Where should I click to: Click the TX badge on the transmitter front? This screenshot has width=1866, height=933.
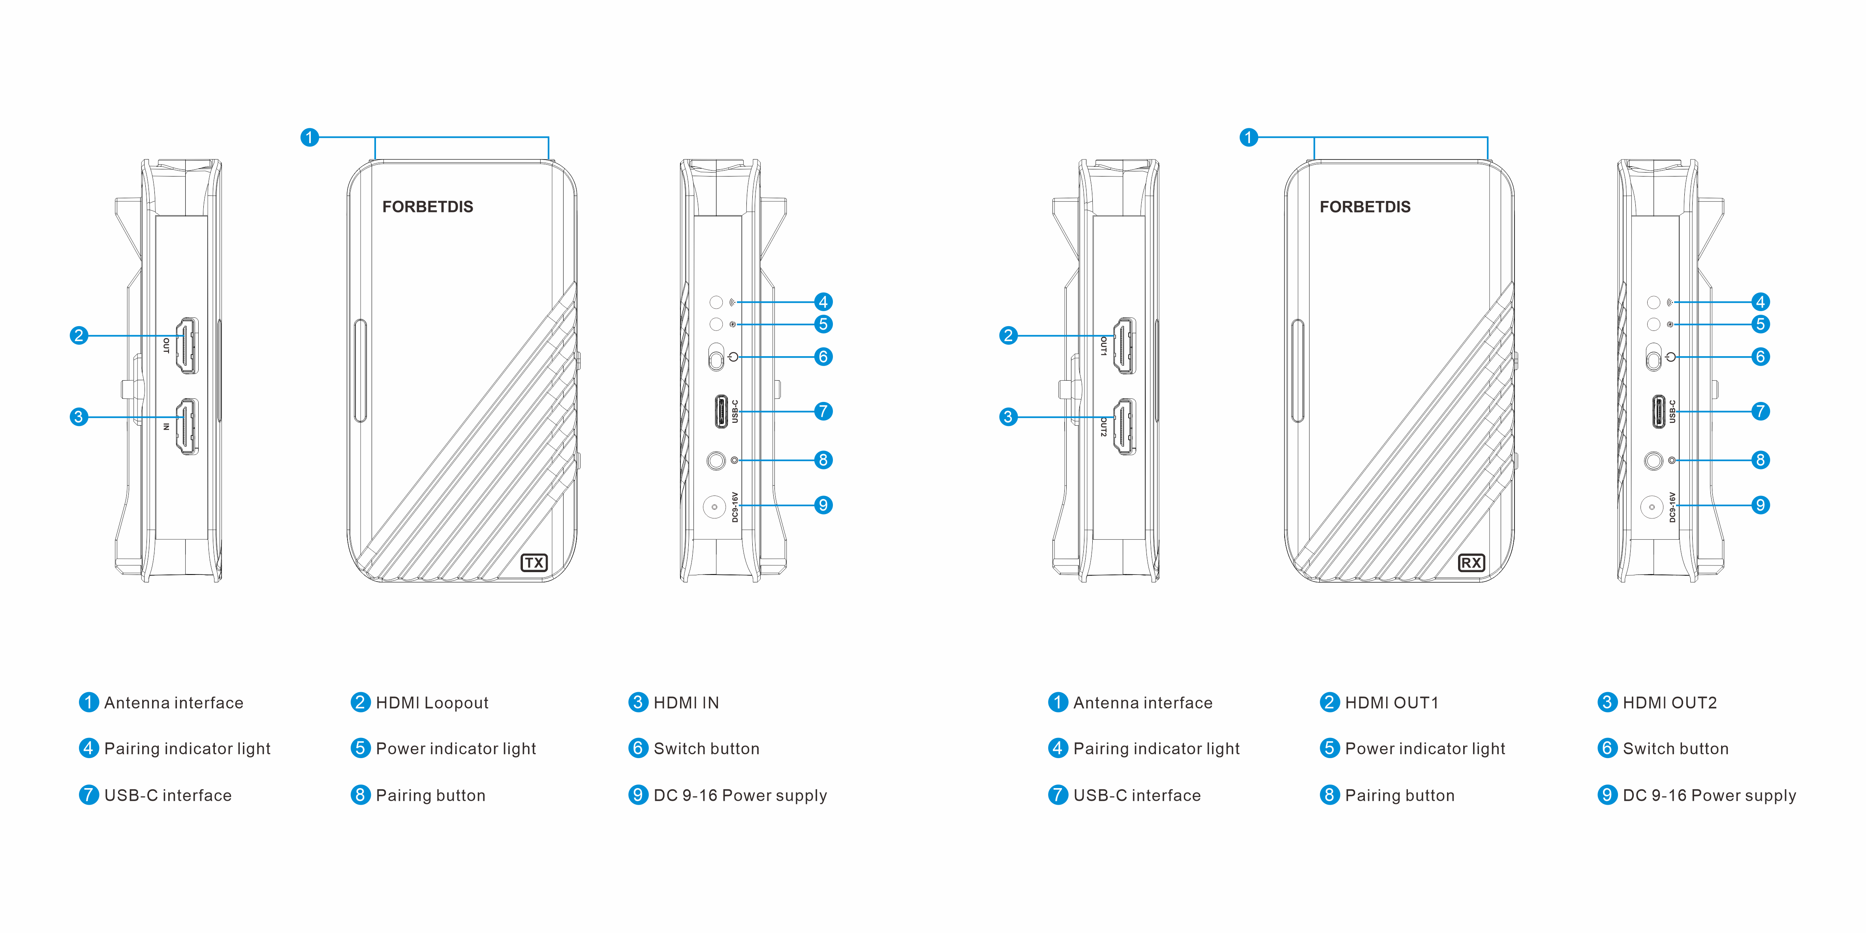tap(534, 563)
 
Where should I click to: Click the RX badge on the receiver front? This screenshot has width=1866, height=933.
tap(1471, 563)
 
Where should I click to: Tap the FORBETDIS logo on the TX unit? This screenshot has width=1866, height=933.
tap(427, 207)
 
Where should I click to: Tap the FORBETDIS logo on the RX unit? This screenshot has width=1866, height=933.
tap(1365, 207)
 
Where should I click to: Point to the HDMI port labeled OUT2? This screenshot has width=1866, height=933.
tap(1124, 427)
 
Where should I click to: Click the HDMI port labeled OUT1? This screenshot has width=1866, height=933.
tap(1124, 345)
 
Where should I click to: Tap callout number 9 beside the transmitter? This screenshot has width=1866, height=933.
tap(823, 505)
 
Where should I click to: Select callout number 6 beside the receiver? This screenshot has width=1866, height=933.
tap(1760, 357)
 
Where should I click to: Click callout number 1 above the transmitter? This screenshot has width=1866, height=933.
tap(309, 138)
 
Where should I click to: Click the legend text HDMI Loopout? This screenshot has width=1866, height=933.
tap(432, 703)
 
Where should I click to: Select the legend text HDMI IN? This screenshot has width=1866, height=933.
tap(686, 703)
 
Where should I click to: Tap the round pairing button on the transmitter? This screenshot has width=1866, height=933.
tap(716, 460)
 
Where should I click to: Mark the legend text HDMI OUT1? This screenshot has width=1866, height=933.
tap(1391, 703)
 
